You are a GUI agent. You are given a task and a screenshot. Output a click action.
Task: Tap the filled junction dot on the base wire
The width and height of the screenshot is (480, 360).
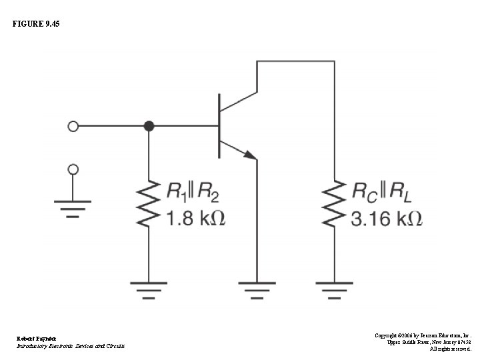point(149,125)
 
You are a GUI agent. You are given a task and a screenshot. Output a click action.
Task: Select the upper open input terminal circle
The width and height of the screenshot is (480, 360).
point(73,125)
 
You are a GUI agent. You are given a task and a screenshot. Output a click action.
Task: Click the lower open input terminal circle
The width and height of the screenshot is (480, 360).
point(73,168)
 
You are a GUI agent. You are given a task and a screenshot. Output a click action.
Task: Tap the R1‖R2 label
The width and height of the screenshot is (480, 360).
point(192,193)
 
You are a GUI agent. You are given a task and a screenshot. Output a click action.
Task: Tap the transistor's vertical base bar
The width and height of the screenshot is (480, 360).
point(219,125)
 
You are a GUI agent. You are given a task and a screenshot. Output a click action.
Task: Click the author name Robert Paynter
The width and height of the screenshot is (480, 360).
point(37,339)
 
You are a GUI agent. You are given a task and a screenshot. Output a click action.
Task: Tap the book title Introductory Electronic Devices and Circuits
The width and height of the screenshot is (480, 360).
point(70,346)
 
